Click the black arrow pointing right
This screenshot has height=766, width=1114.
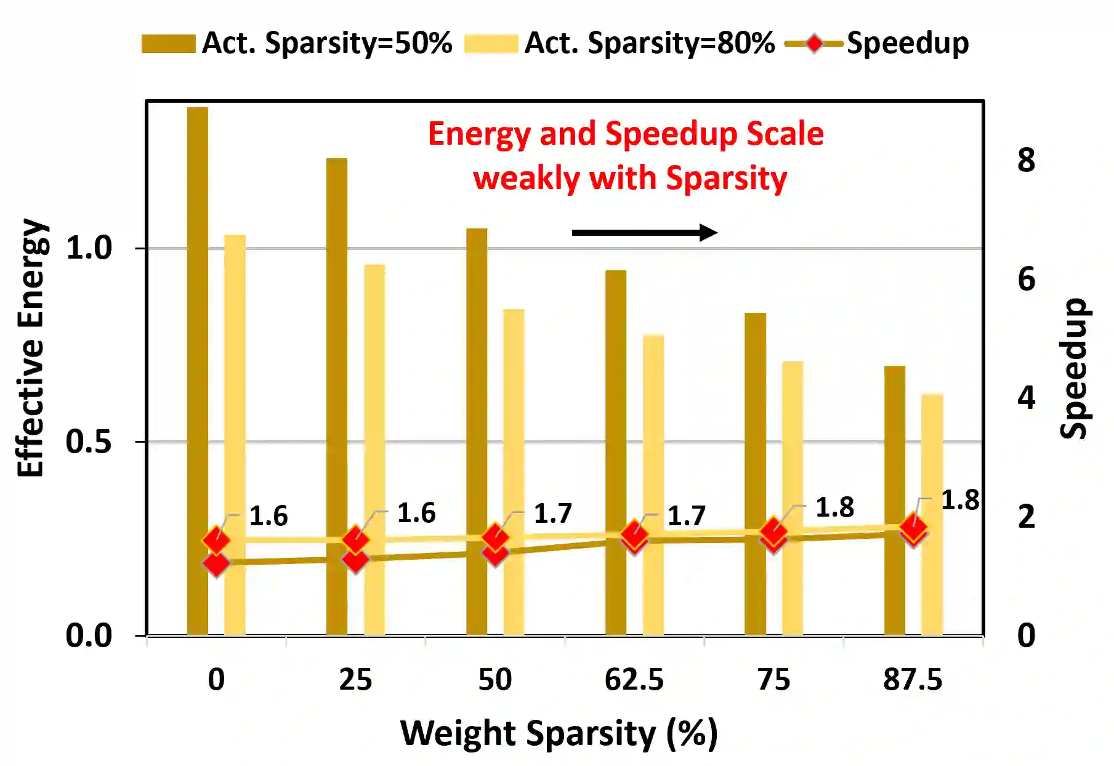pos(644,233)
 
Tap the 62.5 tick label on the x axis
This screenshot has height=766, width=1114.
pos(634,680)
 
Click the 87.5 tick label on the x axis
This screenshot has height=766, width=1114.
pos(913,680)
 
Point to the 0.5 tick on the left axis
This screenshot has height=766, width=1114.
pos(89,441)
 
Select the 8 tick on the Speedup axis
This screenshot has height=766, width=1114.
pos(1026,160)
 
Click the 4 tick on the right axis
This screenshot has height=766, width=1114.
pos(1026,398)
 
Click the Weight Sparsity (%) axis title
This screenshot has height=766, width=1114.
pos(559,733)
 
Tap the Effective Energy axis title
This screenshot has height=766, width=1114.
pos(31,348)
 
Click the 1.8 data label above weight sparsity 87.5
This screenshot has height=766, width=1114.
pos(959,500)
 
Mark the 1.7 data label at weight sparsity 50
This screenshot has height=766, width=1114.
pos(552,513)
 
